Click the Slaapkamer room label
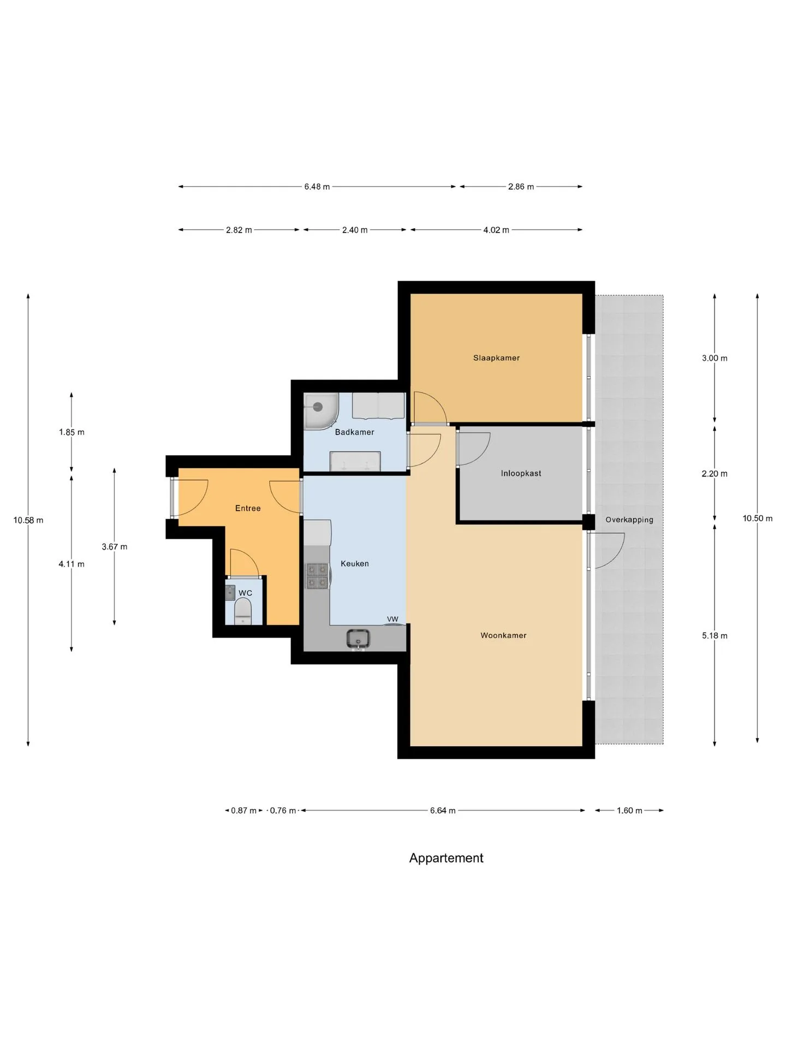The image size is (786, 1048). coord(496,358)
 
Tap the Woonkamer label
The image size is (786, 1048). coord(503,635)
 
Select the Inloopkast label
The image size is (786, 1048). coord(521,473)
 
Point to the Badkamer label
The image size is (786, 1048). coord(355,432)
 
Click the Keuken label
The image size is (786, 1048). coord(355,563)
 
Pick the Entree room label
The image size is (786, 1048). coord(248,508)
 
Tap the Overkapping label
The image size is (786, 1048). coord(629,520)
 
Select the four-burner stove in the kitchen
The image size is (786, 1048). coord(317,576)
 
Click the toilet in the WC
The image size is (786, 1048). coord(243,611)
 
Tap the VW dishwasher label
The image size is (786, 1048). coord(392,619)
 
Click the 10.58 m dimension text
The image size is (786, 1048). coord(28,520)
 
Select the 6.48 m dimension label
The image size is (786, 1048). coord(317,187)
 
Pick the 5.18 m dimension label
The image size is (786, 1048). coord(714,635)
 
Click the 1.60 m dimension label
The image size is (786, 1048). coord(629,811)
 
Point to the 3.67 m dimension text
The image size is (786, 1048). coord(115,546)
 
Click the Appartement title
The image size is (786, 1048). coord(446,858)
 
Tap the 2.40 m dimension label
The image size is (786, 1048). coord(355,230)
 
